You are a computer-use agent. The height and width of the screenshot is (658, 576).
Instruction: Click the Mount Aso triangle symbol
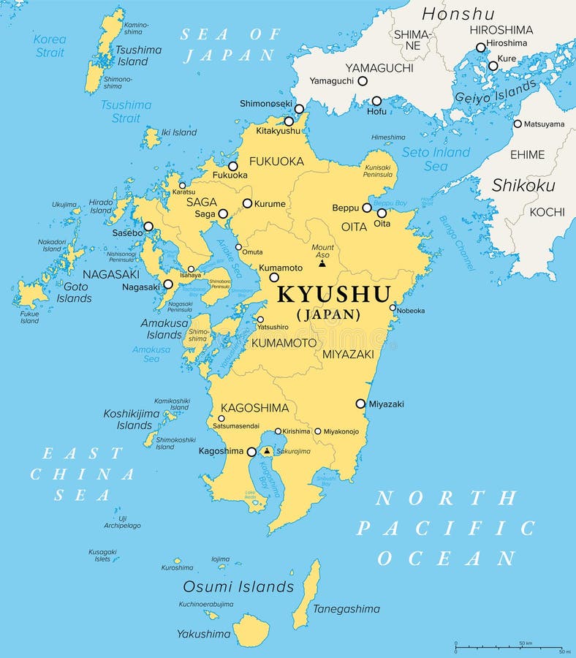point(322,263)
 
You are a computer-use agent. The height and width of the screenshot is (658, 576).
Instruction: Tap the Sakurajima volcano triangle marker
point(267,451)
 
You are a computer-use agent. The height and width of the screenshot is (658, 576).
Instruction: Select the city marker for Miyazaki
point(360,404)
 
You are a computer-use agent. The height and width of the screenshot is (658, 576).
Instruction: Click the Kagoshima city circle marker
point(251,452)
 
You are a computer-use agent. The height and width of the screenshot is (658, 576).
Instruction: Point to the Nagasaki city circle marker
point(168,284)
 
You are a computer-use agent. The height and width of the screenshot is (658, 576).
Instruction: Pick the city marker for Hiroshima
point(480,48)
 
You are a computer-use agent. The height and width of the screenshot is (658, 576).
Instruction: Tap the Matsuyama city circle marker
point(518,124)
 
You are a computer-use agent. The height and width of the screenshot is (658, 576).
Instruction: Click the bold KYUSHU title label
point(334,295)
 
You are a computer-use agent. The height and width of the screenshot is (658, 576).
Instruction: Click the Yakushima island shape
point(251,629)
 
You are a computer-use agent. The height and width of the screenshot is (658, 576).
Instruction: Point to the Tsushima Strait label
point(126,111)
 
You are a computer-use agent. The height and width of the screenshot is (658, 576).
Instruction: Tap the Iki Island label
point(178,132)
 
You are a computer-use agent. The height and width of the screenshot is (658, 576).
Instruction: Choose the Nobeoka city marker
point(393,308)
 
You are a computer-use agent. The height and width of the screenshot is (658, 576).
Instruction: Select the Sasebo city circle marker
point(148,227)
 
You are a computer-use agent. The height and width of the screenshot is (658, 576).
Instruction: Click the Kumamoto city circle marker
point(274,277)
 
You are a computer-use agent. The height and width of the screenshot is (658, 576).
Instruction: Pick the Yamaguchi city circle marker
point(362,81)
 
